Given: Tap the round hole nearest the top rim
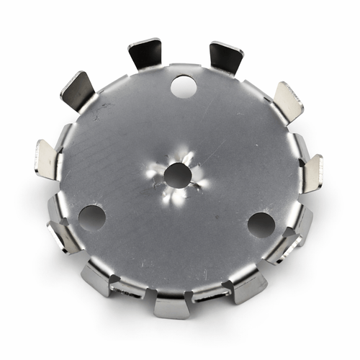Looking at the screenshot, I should point(184,87).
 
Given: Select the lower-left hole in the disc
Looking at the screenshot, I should point(91,217).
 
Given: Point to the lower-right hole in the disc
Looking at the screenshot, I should point(261,225).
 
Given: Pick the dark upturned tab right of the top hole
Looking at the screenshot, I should point(225,56).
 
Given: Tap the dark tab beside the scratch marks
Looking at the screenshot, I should point(78,90).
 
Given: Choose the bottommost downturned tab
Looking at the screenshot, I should point(171,304).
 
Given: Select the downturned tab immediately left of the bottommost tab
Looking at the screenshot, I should point(97,279).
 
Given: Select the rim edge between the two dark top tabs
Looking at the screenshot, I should point(184,66).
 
